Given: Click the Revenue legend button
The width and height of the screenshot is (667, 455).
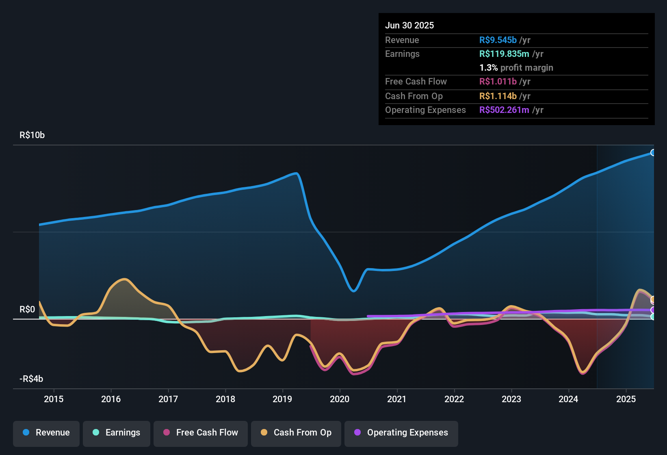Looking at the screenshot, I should tap(46, 433).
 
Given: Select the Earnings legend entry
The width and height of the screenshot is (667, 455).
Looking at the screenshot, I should tap(117, 433).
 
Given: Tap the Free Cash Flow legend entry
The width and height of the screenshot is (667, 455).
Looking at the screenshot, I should tap(201, 433).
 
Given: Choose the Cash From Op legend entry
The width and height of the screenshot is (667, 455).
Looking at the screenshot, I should tap(296, 433).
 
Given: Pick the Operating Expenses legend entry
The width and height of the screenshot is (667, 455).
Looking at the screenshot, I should tap(401, 433).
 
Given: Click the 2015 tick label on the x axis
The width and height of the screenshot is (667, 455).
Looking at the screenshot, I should tap(54, 399).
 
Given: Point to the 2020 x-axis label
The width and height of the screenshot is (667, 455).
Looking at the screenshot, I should tap(340, 399).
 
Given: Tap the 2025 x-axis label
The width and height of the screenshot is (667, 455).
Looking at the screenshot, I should tap(626, 399).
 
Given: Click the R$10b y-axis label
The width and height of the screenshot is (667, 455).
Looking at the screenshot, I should tap(32, 135).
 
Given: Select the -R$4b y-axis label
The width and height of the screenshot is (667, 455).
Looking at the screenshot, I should tap(31, 379).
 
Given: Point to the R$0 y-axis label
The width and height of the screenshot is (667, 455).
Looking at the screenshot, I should tap(27, 309).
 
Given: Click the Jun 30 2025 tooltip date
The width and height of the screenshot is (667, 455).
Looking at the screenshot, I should tap(409, 25).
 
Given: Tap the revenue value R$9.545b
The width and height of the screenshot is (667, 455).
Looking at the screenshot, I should tap(498, 40).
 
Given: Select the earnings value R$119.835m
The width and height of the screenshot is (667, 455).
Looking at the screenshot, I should tap(504, 54).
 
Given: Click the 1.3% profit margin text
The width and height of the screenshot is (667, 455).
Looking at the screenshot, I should tap(516, 67).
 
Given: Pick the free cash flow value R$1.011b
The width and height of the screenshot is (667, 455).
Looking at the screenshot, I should tap(498, 81).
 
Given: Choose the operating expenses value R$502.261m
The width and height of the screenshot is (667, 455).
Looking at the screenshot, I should tap(504, 110).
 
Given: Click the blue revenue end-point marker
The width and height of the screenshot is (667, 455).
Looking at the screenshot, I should tap(653, 153).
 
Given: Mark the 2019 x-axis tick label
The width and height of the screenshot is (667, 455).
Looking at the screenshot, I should tap(282, 399).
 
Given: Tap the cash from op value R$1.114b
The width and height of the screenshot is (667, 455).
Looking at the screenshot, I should tap(498, 96).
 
